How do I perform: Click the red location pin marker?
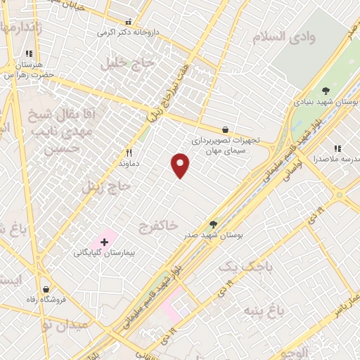pyautogui.click(x=181, y=165)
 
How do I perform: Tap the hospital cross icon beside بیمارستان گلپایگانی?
pyautogui.click(x=104, y=242)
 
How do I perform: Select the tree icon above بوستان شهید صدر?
pyautogui.click(x=214, y=225)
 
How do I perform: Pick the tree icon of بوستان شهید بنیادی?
pyautogui.click(x=326, y=91)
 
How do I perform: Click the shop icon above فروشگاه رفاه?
pyautogui.click(x=46, y=289)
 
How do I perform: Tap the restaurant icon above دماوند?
pyautogui.click(x=129, y=152)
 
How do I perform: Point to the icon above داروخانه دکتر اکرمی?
pyautogui.click(x=128, y=22)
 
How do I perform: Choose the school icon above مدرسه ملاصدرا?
pyautogui.click(x=337, y=148)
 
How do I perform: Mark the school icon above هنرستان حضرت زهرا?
pyautogui.click(x=29, y=53)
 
